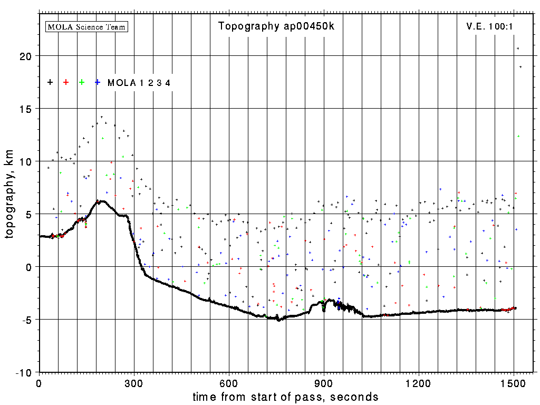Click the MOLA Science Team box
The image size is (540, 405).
pos(87,26)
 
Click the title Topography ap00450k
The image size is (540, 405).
pos(276,26)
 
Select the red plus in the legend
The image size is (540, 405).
pos(66,82)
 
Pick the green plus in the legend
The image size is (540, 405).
pos(82,82)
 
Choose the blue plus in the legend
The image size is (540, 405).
pos(98,82)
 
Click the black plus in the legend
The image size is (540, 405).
pos(50,82)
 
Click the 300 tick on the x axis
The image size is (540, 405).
pos(134,382)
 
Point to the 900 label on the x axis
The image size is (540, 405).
pos(324,382)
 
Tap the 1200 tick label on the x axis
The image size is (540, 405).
pos(419,382)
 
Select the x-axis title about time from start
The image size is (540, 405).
pos(286,397)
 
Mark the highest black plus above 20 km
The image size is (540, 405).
pos(518,49)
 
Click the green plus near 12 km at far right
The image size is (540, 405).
pos(519,136)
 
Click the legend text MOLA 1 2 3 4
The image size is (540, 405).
pos(139,83)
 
